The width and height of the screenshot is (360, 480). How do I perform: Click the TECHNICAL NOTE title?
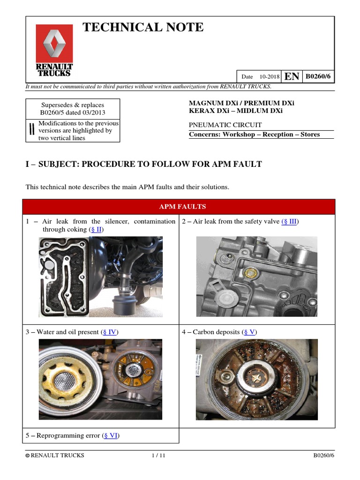coord(143,28)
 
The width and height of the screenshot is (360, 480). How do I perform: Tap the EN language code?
coord(292,76)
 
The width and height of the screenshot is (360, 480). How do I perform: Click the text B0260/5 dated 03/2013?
coord(72,112)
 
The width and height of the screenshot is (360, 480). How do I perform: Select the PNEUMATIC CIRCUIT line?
coord(225,125)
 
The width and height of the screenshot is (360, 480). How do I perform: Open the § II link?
coord(96,229)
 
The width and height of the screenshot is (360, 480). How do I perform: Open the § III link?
coord(289,221)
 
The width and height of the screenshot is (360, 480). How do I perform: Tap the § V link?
coord(249,332)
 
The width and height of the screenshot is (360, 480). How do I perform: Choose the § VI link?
coord(111,435)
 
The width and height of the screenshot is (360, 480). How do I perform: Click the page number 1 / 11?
coord(159,456)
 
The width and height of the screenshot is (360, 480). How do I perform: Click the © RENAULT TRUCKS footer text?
coord(55,456)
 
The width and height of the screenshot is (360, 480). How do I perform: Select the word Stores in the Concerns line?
coord(310,135)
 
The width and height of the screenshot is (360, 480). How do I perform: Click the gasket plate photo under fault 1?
coord(64,277)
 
